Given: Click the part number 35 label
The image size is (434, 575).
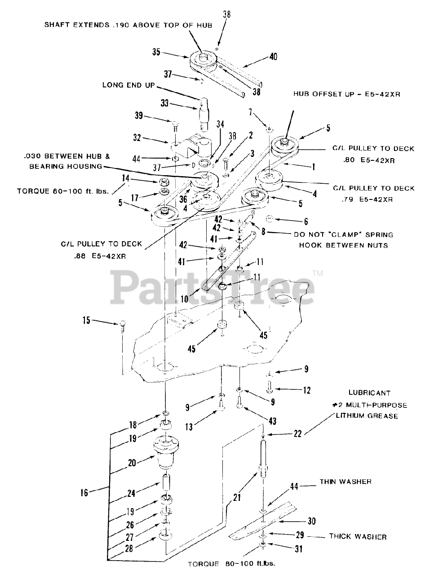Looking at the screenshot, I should (156, 52).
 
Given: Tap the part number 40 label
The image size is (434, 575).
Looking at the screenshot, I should (273, 57).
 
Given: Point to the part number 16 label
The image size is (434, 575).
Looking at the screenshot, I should (84, 493).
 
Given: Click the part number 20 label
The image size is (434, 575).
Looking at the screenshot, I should (132, 462).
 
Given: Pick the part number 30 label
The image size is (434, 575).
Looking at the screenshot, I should (311, 521).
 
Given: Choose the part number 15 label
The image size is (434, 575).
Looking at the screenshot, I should (86, 321).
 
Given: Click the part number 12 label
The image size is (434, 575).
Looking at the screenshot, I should (306, 391).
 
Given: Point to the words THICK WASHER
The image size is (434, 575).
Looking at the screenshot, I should (358, 536).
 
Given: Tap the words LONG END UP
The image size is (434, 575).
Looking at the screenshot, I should (128, 84).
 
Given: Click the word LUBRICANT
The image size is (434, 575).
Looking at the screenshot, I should (369, 393).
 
